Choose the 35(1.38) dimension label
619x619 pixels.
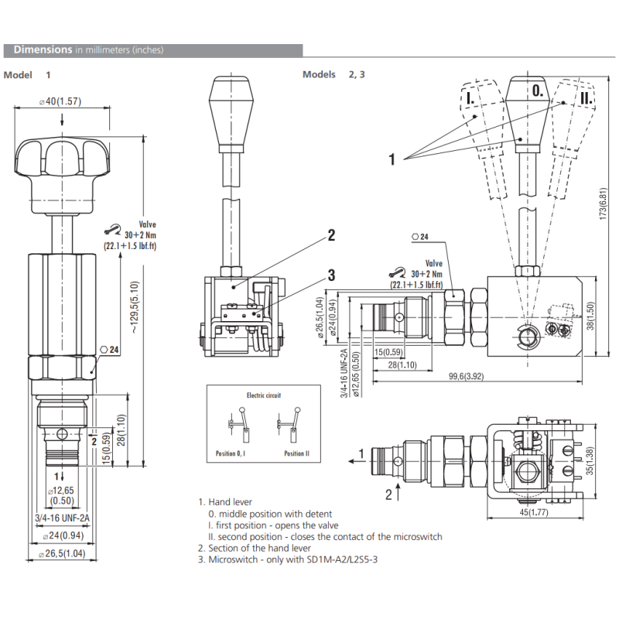coord(591,460)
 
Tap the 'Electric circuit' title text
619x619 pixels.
coord(263,395)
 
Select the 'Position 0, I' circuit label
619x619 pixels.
coord(231,454)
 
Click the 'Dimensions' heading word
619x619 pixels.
coord(43,50)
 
